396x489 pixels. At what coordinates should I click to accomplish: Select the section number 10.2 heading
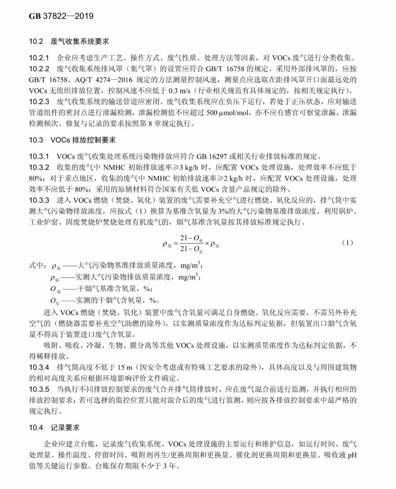pyautogui.click(x=36, y=41)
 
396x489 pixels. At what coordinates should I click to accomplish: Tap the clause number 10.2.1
pyautogui.click(x=39, y=58)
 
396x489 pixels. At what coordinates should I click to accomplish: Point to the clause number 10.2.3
pyautogui.click(x=39, y=101)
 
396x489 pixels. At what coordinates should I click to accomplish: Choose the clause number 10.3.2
pyautogui.click(x=39, y=167)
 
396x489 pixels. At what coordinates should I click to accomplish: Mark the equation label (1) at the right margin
pyautogui.click(x=347, y=243)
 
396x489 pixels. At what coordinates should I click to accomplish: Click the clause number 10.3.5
pyautogui.click(x=39, y=389)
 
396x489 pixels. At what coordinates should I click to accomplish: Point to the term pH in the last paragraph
pyautogui.click(x=352, y=455)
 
